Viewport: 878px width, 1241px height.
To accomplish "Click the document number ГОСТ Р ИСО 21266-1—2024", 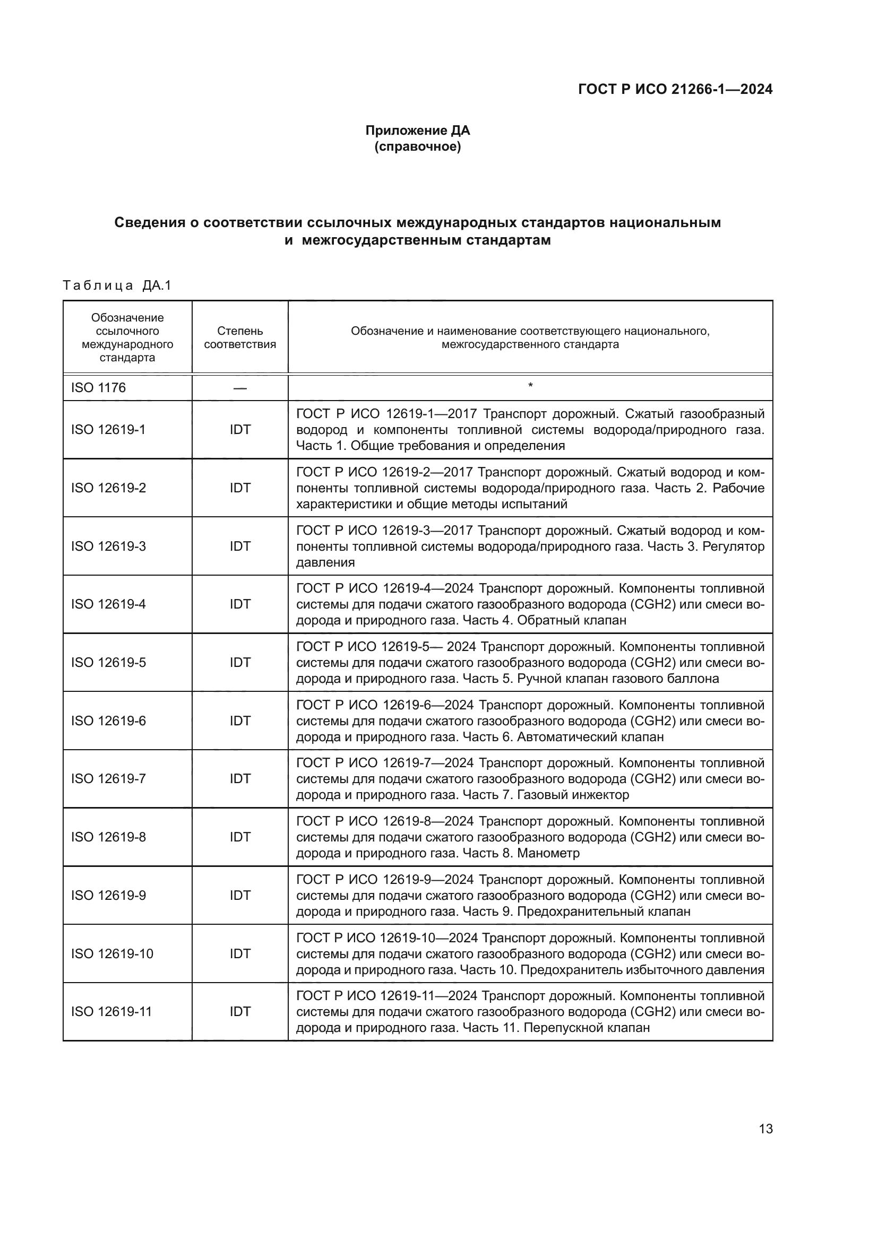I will (x=675, y=89).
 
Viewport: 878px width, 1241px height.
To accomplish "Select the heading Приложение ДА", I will (x=417, y=131).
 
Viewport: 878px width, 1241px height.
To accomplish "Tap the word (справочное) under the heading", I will (x=417, y=146).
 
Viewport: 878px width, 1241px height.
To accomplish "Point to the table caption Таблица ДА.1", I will (x=117, y=285).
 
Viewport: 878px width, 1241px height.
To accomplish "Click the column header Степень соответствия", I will (x=240, y=337).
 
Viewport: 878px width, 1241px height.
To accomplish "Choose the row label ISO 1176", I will (x=98, y=387).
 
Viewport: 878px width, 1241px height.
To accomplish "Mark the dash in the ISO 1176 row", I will (x=240, y=388).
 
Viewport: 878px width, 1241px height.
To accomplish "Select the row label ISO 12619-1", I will (x=108, y=430).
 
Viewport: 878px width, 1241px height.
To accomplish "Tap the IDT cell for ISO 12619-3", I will (x=240, y=546).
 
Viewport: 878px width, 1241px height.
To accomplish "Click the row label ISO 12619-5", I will (x=108, y=663).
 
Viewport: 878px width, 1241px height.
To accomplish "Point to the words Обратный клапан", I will (x=572, y=620).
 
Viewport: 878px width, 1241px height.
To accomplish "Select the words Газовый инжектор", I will (x=573, y=795).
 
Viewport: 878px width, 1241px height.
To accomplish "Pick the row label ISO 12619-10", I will (x=112, y=953).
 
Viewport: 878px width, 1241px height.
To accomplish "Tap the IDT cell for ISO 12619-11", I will (x=240, y=1011).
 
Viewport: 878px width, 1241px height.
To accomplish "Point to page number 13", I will (x=765, y=1129).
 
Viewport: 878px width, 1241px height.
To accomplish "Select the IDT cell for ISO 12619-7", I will (x=240, y=778).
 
